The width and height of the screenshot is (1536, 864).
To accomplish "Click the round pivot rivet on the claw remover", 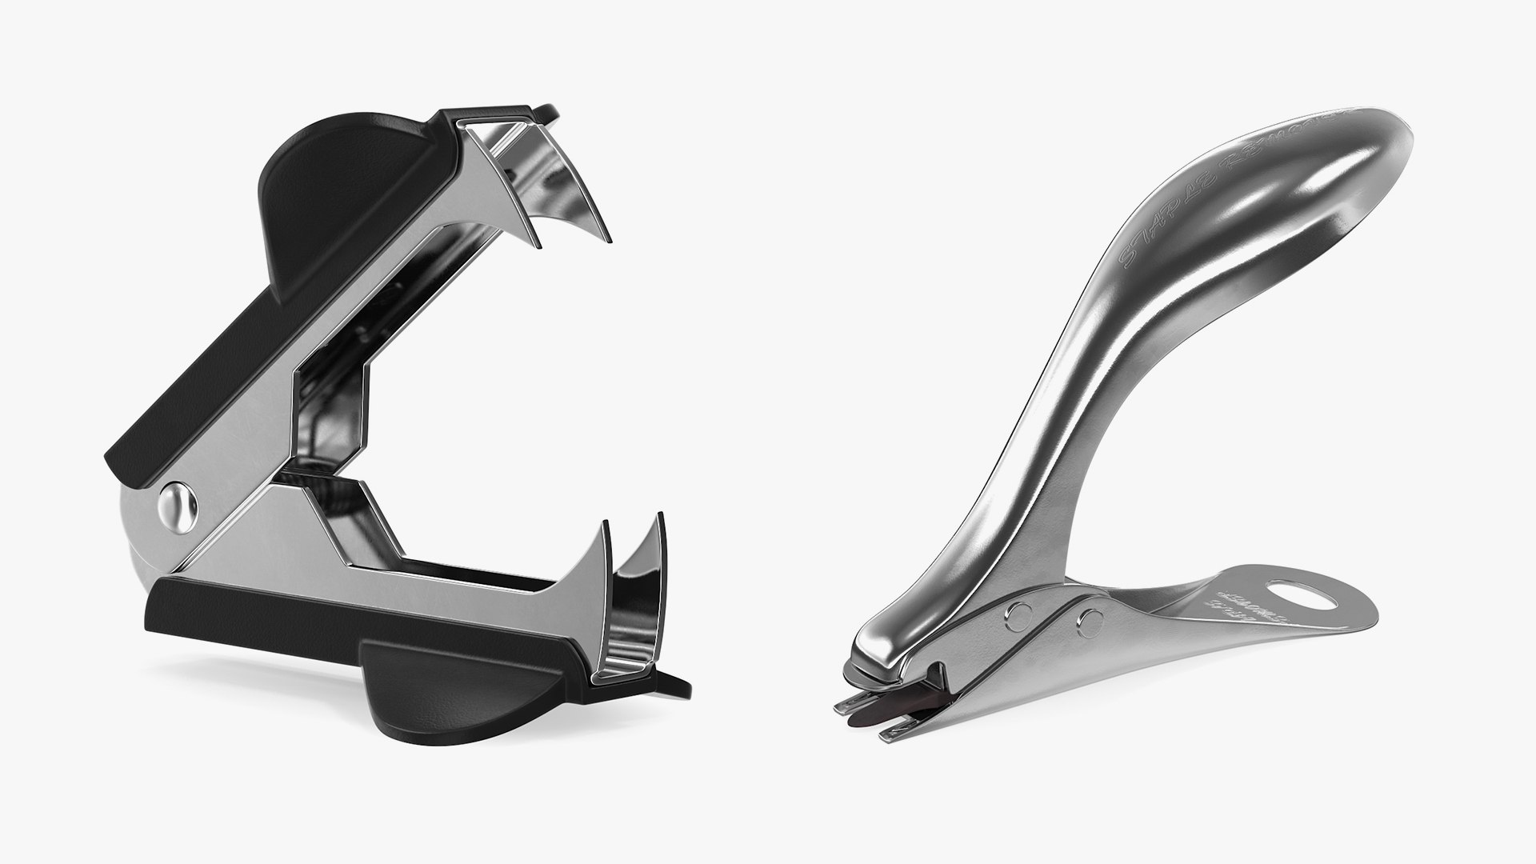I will click(x=178, y=506).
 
